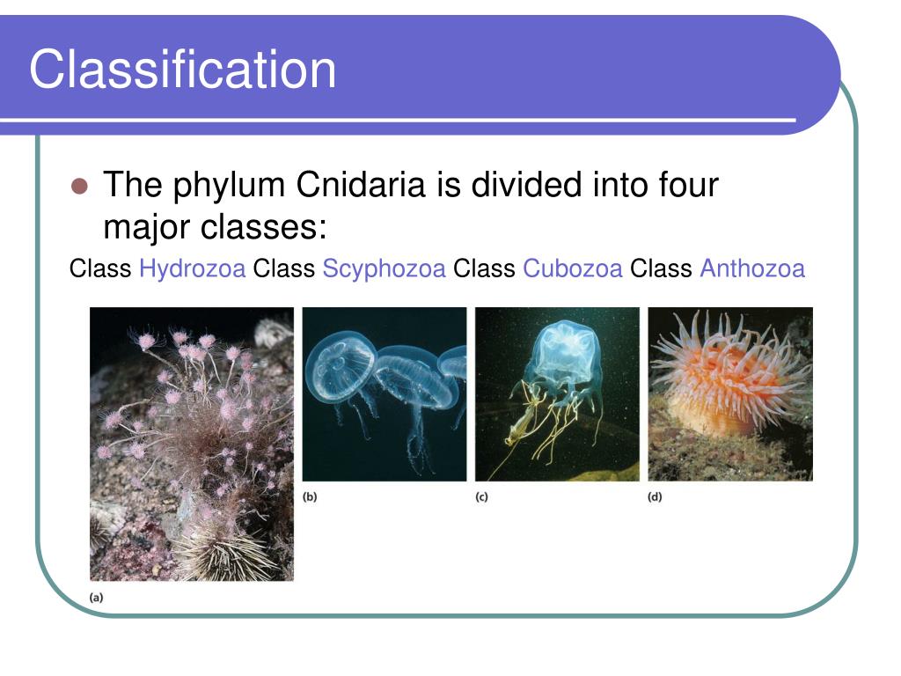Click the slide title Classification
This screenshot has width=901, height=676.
(x=182, y=70)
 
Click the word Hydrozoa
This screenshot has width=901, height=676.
(x=192, y=269)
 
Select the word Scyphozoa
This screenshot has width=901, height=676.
(x=384, y=269)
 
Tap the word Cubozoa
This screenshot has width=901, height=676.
(x=573, y=269)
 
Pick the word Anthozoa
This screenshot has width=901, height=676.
(x=752, y=269)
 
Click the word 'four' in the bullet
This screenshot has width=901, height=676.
(x=688, y=186)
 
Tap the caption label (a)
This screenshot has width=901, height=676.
(x=96, y=597)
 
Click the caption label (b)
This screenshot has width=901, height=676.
(x=310, y=496)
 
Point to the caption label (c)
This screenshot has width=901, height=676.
(x=481, y=496)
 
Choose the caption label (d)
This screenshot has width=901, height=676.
(x=655, y=496)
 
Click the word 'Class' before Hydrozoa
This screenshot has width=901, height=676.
(x=100, y=269)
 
